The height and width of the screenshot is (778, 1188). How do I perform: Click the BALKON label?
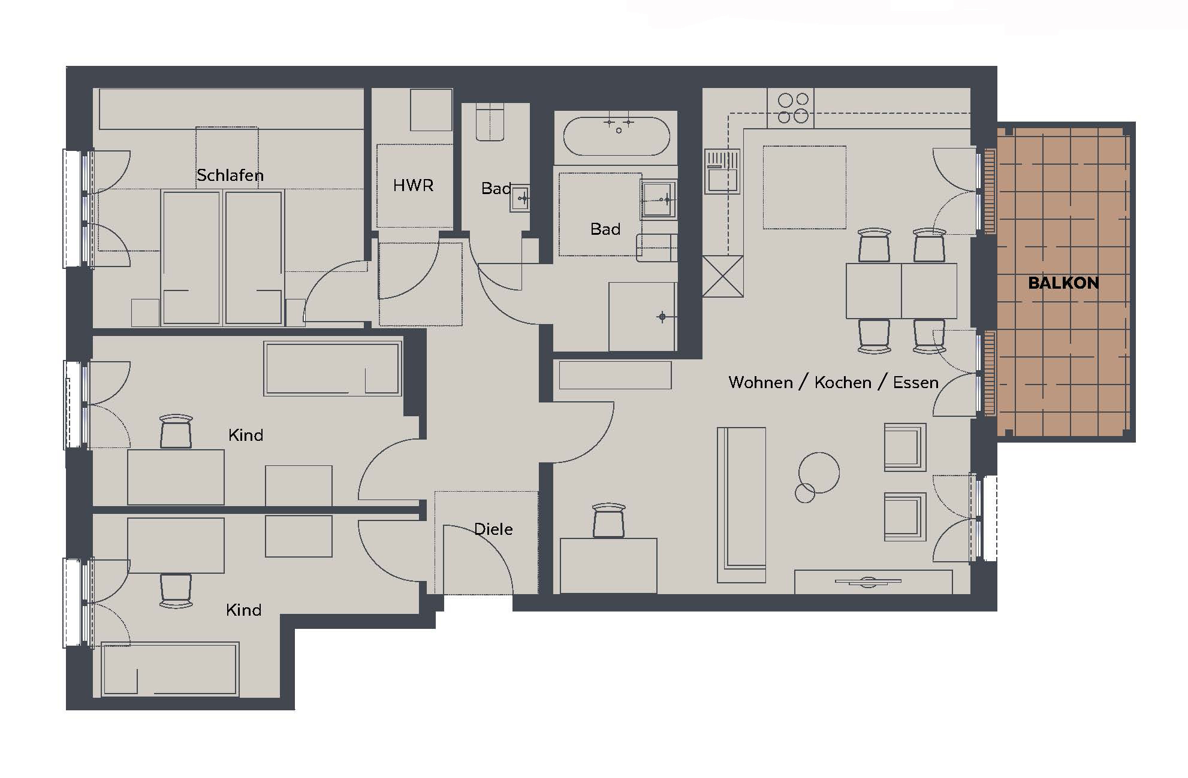tap(1063, 283)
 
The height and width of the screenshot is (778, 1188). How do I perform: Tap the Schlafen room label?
tap(230, 175)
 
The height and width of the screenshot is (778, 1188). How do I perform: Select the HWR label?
tap(413, 186)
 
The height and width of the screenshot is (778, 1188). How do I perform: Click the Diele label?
tap(493, 529)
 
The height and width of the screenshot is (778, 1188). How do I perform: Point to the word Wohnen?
tap(761, 382)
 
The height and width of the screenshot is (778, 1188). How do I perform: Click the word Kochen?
tap(843, 382)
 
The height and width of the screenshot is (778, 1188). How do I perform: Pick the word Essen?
tap(916, 382)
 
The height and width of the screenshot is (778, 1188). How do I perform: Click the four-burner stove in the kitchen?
tap(792, 108)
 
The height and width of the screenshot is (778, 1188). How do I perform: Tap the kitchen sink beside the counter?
tap(722, 171)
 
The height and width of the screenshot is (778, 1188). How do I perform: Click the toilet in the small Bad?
tap(490, 122)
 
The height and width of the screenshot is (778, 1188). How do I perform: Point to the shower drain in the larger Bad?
tap(662, 316)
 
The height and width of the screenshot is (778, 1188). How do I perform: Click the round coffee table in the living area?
tap(819, 473)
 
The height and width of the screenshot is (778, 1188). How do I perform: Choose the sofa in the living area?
tap(741, 505)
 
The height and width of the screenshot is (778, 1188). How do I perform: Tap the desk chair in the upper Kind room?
tap(176, 431)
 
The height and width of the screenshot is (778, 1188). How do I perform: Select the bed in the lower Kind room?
tap(171, 669)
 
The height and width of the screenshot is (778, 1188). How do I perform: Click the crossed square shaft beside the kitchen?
tap(723, 276)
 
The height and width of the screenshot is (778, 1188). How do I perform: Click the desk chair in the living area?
tap(608, 520)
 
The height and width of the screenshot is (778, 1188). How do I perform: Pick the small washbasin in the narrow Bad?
tap(520, 198)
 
